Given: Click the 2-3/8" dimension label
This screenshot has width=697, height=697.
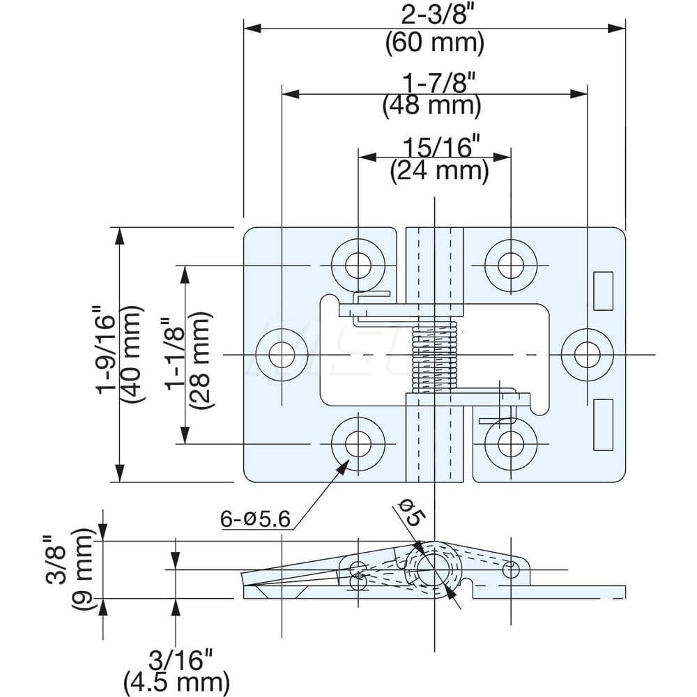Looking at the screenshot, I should point(434,15).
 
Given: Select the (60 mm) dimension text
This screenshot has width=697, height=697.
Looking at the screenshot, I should point(434,43).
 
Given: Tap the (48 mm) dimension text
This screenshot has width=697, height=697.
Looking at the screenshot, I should point(432,105).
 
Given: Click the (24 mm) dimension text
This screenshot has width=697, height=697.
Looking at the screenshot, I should point(438,170).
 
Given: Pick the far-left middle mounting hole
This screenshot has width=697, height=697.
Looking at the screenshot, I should point(282,355).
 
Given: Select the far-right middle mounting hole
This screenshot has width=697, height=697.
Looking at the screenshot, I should point(588,355).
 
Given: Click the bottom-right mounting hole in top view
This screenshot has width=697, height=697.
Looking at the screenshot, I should point(512,443).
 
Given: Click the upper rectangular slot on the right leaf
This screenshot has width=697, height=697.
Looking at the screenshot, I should point(603,291).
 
